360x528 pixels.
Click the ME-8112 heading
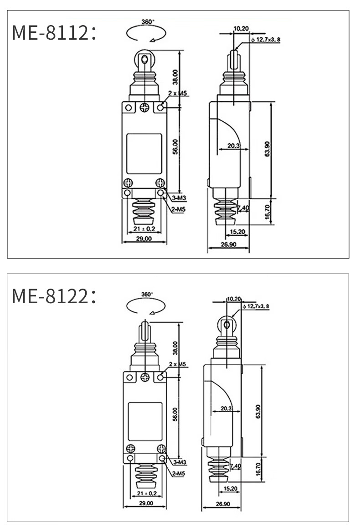(x=54, y=33)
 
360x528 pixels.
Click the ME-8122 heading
(x=54, y=296)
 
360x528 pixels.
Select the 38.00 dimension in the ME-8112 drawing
(x=175, y=77)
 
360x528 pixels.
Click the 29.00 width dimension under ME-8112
(x=144, y=238)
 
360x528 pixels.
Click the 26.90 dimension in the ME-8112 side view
(x=228, y=244)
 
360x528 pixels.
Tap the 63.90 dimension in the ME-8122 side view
(x=258, y=411)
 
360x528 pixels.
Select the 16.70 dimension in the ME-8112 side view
(x=267, y=212)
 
